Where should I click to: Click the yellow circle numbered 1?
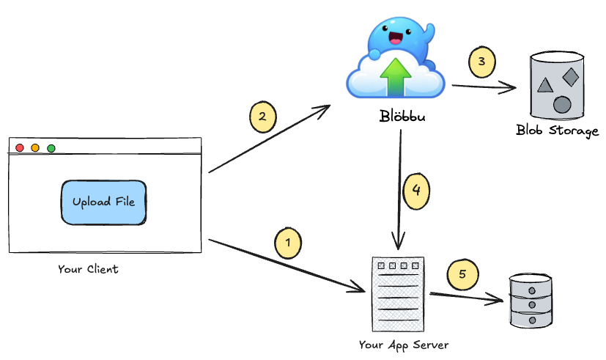[x=288, y=241]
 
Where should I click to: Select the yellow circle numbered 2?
[x=262, y=117]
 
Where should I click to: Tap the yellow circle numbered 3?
[x=481, y=62]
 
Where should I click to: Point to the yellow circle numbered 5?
[x=462, y=275]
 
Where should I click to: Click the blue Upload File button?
[x=103, y=202]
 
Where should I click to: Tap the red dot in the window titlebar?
[x=20, y=148]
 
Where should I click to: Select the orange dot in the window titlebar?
[x=35, y=148]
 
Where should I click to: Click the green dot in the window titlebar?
[x=51, y=148]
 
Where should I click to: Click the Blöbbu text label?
[x=400, y=117]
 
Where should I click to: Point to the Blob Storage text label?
[x=558, y=131]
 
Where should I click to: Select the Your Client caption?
[x=88, y=269]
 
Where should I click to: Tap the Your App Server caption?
[x=404, y=345]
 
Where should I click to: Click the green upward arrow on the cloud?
[x=396, y=76]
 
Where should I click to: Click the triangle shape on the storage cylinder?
[x=544, y=85]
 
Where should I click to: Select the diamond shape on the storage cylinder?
[x=571, y=76]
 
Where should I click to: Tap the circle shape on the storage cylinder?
[x=562, y=104]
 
